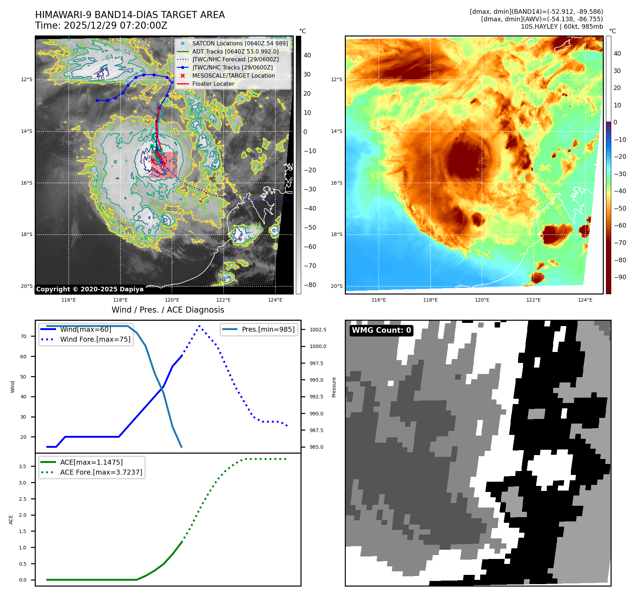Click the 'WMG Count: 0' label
pyautogui.click(x=381, y=330)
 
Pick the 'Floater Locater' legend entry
pyautogui.click(x=213, y=84)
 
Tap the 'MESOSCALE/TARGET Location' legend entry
pyautogui.click(x=233, y=75)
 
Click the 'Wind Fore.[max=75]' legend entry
pyautogui.click(x=95, y=339)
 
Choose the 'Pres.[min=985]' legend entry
pyautogui.click(x=268, y=329)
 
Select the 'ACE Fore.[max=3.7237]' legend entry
pyautogui.click(x=101, y=472)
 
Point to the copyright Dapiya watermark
pyautogui.click(x=90, y=289)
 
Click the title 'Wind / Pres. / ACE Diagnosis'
pyautogui.click(x=168, y=310)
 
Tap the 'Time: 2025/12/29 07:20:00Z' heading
pyautogui.click(x=101, y=26)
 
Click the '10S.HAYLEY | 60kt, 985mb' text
pyautogui.click(x=562, y=27)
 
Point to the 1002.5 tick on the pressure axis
pyautogui.click(x=318, y=330)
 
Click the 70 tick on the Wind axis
pyautogui.click(x=23, y=336)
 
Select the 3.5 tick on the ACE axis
pyautogui.click(x=23, y=466)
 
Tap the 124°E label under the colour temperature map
pyautogui.click(x=585, y=300)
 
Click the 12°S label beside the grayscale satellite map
pyautogui.click(x=27, y=79)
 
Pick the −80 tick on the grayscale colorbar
pyautogui.click(x=310, y=285)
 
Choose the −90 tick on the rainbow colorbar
pyautogui.click(x=620, y=277)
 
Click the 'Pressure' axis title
pyautogui.click(x=334, y=387)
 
